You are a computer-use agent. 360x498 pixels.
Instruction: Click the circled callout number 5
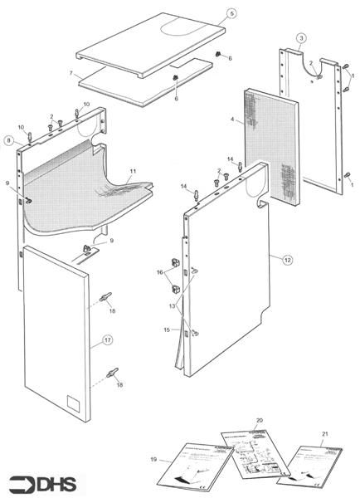coord(231,13)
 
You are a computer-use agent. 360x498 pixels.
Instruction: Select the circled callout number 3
coord(301,38)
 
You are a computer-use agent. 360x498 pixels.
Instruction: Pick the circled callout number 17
coord(107,339)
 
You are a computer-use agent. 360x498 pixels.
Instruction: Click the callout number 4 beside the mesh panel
coord(235,122)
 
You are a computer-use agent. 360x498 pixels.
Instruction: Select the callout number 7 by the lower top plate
coord(72,75)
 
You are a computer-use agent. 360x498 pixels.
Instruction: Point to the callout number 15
coord(167,330)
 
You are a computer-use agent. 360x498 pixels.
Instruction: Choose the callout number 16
coord(159,271)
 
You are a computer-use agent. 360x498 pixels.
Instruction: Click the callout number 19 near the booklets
coord(154,458)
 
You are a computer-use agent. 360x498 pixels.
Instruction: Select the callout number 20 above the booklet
coord(260,421)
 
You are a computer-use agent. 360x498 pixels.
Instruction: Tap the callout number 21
coord(324,434)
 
